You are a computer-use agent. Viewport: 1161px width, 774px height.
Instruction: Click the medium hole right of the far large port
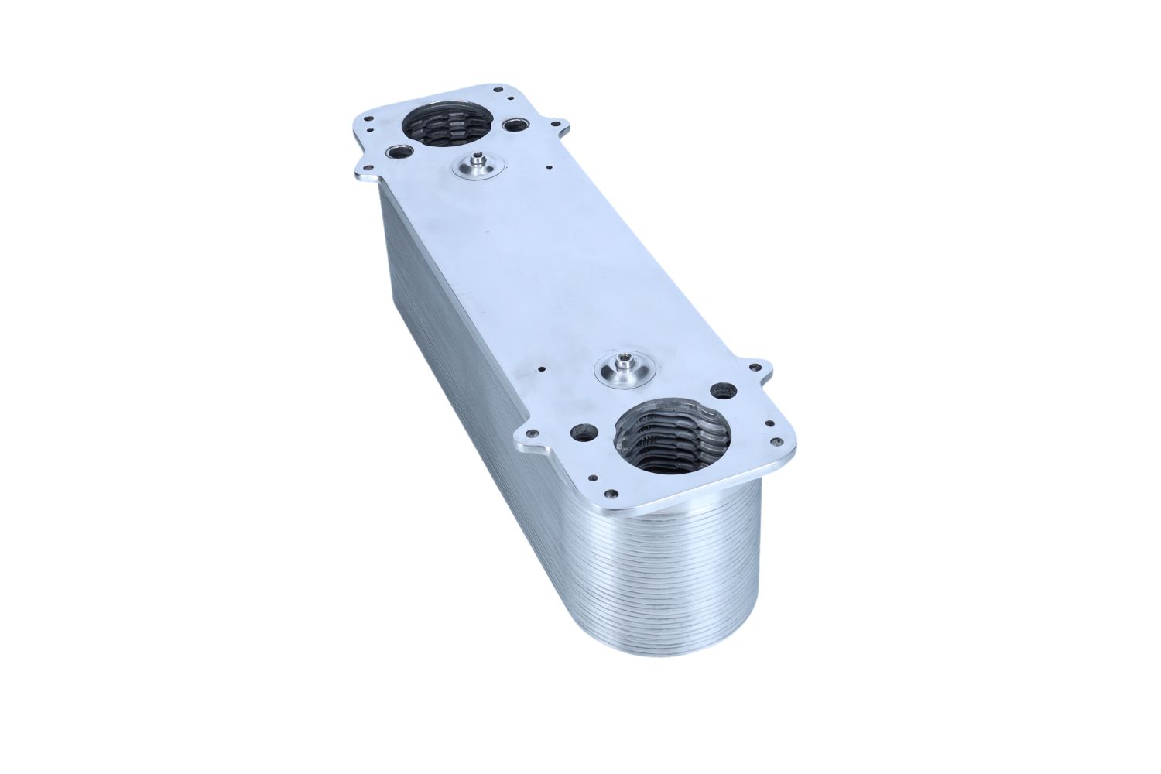[x=513, y=125]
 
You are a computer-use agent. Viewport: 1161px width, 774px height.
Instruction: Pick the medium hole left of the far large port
[x=401, y=153]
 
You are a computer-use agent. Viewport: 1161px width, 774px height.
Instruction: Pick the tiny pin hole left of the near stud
[x=543, y=370]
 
